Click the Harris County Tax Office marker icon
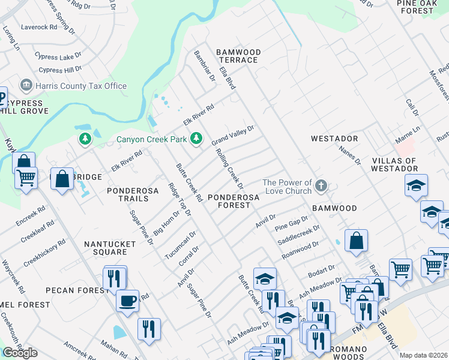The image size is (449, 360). click(26, 86)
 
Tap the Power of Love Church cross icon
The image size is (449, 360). click(321, 186)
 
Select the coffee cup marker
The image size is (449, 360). click(127, 301)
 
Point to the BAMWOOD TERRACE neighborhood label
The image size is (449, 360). click(239, 56)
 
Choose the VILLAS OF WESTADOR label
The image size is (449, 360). click(394, 165)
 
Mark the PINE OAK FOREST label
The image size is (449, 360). click(420, 7)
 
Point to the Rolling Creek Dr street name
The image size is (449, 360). click(229, 167)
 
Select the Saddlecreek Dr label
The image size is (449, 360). click(298, 236)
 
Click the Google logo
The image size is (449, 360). click(20, 353)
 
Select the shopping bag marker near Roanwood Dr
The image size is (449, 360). click(356, 241)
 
